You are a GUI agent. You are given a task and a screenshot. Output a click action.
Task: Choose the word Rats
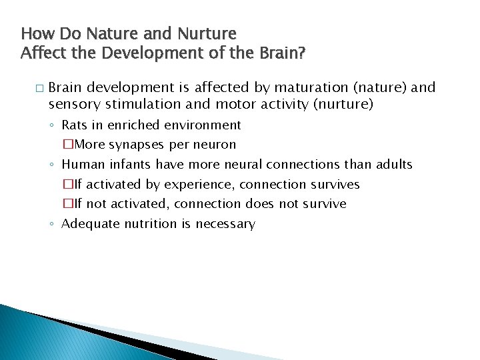(x=75, y=125)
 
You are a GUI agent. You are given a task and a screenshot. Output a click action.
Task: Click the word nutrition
(x=153, y=224)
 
